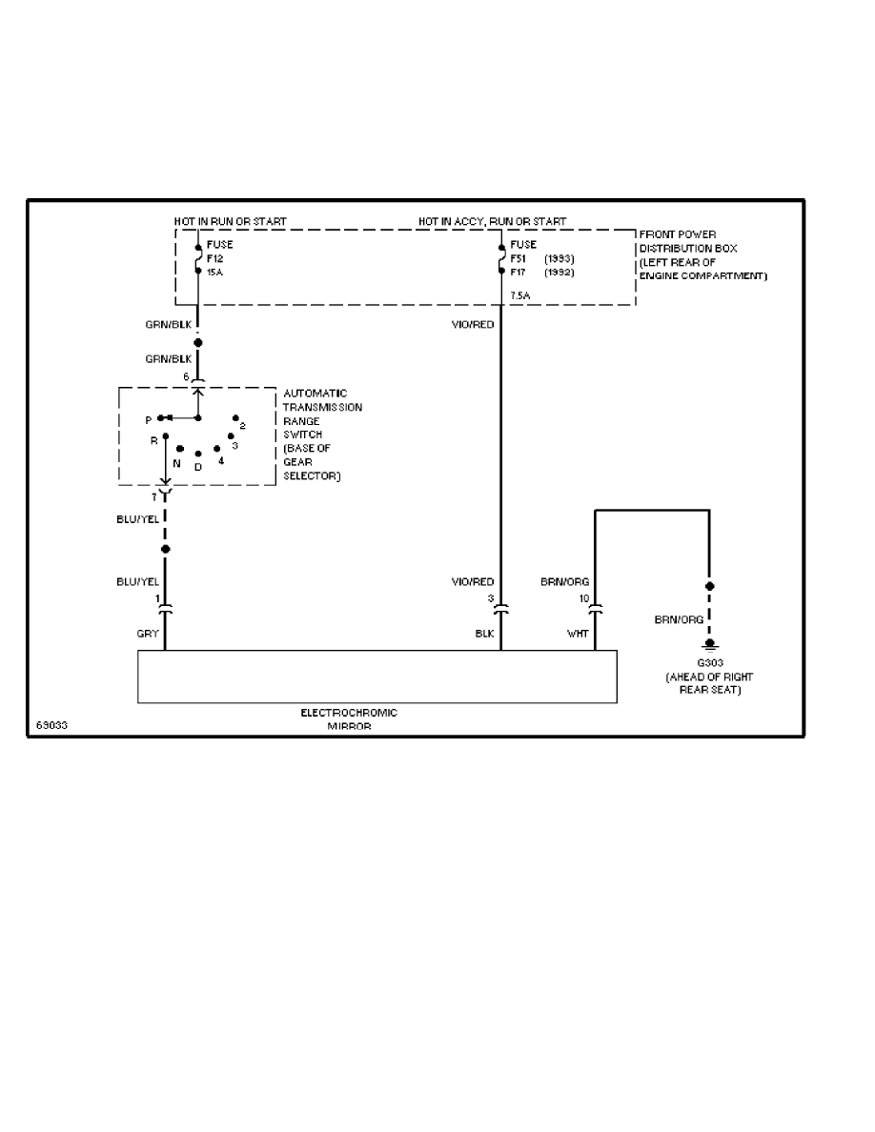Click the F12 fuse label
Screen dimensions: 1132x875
[214, 258]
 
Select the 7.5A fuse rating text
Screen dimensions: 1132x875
[520, 296]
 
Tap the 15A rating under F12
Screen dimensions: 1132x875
[214, 272]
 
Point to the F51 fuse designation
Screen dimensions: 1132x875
[518, 258]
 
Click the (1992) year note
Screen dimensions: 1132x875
[559, 272]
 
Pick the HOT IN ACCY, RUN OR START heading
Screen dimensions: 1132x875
[492, 222]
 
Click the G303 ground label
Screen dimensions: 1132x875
[710, 664]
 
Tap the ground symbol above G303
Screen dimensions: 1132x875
[709, 645]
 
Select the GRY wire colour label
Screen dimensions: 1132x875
[148, 633]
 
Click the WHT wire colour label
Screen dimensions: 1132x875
[578, 633]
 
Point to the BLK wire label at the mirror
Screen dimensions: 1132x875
[484, 633]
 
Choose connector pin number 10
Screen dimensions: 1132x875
[583, 599]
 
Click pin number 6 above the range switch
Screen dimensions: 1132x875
[187, 377]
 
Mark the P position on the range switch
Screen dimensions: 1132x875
[148, 419]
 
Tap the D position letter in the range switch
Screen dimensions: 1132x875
[198, 467]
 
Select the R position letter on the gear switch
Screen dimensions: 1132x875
[153, 441]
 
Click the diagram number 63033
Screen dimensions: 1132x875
[51, 723]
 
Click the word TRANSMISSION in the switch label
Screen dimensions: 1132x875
[322, 407]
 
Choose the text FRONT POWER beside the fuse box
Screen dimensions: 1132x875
[678, 234]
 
